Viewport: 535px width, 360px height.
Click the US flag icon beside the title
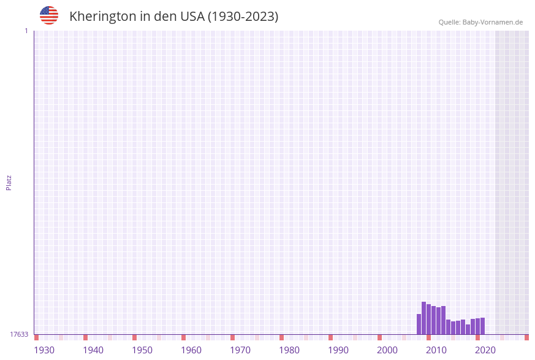tap(49, 15)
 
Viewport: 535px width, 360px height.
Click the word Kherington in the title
tap(102, 17)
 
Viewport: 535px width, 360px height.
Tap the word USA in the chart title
tap(192, 17)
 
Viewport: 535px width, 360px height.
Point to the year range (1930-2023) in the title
tap(243, 17)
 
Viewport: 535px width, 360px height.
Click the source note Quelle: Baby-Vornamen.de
tap(480, 22)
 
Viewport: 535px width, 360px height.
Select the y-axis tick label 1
tap(26, 31)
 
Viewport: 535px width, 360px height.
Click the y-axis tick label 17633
tap(19, 334)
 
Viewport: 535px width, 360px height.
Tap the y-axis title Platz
tap(9, 182)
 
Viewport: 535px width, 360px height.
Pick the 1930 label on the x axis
tap(44, 350)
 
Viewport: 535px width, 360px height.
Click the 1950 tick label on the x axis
tap(142, 350)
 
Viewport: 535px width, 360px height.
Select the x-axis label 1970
tap(240, 350)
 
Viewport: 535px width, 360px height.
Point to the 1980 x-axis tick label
tap(289, 350)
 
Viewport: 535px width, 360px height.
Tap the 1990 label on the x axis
tap(338, 350)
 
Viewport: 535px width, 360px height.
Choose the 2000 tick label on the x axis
tap(387, 350)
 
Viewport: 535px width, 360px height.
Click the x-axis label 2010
tap(436, 350)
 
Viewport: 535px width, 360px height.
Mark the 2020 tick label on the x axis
tap(485, 350)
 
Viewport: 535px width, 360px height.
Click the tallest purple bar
tap(423, 318)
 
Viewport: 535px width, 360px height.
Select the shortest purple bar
tap(468, 329)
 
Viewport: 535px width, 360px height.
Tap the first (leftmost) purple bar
tap(419, 324)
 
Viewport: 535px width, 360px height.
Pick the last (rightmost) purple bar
tap(482, 326)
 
